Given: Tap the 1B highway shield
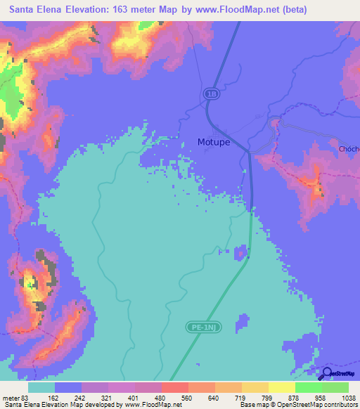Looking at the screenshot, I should coord(211,93).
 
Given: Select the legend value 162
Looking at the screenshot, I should coord(54,398).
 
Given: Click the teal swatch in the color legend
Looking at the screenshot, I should coord(41,387).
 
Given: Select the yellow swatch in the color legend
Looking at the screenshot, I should coord(255,387).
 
